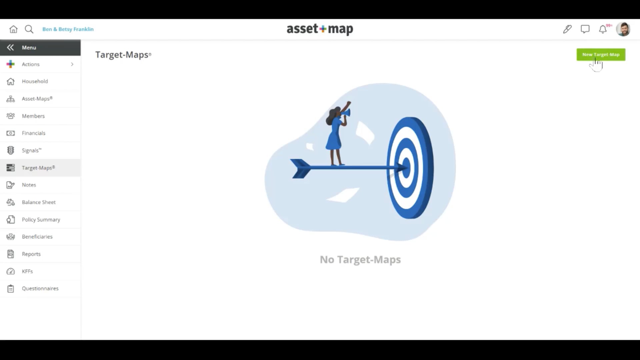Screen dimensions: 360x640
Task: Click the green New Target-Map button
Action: (601, 55)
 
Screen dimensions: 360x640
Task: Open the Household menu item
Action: (35, 81)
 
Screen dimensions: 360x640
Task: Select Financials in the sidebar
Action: (33, 133)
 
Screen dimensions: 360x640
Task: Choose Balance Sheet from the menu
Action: (39, 202)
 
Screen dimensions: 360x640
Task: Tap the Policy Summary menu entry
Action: (41, 220)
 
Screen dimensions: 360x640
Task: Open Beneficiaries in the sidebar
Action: (37, 237)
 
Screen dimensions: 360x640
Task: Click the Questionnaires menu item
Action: (40, 289)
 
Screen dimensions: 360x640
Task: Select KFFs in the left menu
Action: (27, 271)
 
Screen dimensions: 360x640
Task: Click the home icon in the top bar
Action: (13, 29)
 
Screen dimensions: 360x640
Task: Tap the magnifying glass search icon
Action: (29, 29)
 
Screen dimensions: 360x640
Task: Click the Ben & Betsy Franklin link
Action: (68, 29)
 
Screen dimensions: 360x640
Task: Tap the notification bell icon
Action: (603, 29)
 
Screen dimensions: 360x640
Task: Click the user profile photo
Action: (623, 29)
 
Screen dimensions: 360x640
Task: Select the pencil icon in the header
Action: (567, 29)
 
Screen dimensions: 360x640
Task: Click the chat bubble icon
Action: (585, 29)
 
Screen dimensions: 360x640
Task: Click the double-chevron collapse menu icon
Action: (10, 48)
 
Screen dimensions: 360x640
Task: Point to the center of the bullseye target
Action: (406, 167)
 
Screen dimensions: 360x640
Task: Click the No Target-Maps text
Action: (360, 260)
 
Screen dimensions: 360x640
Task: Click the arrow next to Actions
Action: (72, 64)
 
